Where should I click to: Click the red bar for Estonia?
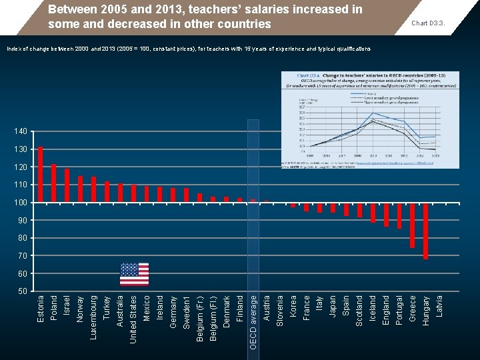[x=41, y=173]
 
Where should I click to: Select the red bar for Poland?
[x=54, y=182]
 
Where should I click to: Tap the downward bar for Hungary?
[x=425, y=230]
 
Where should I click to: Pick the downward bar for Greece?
[x=412, y=224]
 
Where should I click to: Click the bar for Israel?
[x=67, y=185]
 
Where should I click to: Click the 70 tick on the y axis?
[x=22, y=256]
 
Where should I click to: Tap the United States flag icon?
[x=134, y=274]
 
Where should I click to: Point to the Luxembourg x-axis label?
[x=94, y=317]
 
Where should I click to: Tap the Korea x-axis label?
[x=293, y=306]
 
